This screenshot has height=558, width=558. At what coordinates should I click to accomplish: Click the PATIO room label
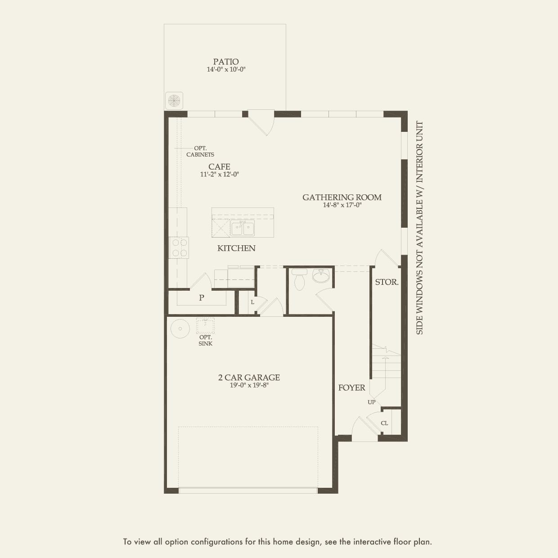(226, 62)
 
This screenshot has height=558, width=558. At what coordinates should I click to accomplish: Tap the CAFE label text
(219, 167)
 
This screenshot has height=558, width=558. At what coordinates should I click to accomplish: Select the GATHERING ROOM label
(342, 198)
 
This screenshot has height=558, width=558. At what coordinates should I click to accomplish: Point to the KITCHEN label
(236, 248)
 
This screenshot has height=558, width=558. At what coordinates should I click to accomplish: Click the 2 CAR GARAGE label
(249, 378)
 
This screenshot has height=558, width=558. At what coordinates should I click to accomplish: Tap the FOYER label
(351, 388)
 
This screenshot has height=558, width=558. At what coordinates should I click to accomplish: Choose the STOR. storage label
(387, 282)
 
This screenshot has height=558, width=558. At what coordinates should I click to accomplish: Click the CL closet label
(384, 423)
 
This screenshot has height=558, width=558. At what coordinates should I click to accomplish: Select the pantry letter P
(202, 297)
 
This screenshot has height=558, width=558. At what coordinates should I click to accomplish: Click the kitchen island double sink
(243, 228)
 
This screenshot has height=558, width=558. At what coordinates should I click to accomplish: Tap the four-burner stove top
(179, 247)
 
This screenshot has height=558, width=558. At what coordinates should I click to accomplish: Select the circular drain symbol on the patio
(174, 101)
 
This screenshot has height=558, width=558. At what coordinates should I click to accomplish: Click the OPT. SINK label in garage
(206, 341)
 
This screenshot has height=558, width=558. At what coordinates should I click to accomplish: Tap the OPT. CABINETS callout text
(200, 152)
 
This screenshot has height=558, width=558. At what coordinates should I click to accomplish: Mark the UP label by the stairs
(372, 402)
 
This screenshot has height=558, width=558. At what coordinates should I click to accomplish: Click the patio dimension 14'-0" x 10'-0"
(226, 69)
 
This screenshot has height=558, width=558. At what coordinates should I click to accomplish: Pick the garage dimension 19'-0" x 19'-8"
(249, 385)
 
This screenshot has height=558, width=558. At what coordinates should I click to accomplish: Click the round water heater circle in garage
(180, 328)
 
